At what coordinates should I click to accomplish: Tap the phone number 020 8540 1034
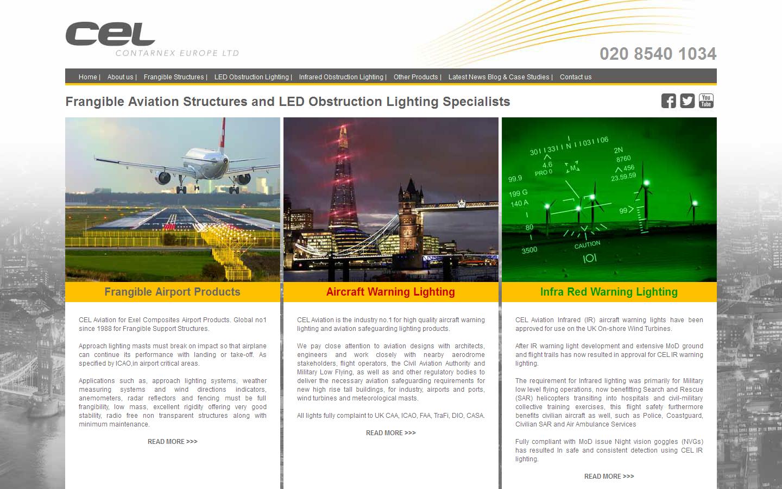click(658, 54)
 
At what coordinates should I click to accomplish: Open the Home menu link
click(87, 77)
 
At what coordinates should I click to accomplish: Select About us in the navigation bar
click(120, 77)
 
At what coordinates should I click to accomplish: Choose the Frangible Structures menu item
click(174, 77)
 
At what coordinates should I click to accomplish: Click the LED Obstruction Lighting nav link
click(251, 77)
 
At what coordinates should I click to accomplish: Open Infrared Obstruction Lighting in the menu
click(341, 77)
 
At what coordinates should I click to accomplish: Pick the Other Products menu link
click(415, 77)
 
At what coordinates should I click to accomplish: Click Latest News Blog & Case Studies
click(499, 77)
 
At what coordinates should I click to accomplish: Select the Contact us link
click(576, 77)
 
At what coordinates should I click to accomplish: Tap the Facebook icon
click(669, 101)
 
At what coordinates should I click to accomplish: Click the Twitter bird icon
click(688, 101)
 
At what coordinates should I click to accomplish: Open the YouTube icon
click(706, 101)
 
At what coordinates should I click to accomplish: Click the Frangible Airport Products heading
click(173, 292)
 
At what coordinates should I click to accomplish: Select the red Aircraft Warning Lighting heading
click(390, 292)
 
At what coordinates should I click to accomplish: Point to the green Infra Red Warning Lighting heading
click(609, 292)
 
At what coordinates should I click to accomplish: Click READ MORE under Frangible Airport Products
click(173, 442)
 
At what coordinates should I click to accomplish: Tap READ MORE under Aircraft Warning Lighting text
click(390, 432)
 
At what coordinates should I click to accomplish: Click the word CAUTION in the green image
click(587, 244)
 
